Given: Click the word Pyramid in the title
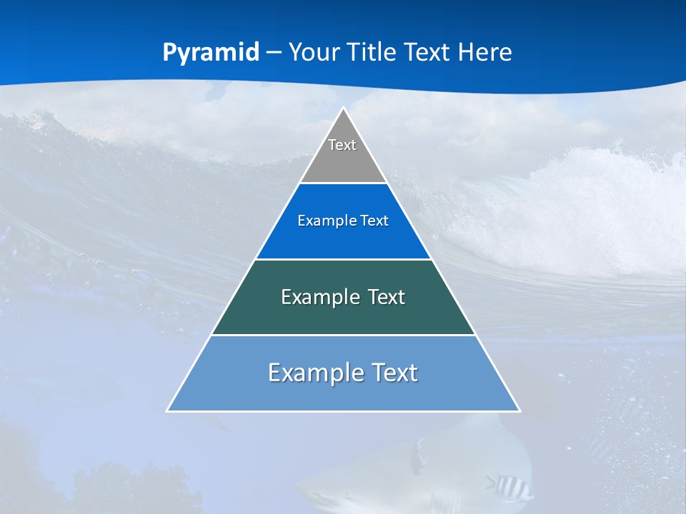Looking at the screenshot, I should [x=211, y=53].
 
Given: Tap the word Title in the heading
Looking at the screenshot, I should [x=372, y=52].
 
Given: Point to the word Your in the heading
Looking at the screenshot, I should [x=314, y=52].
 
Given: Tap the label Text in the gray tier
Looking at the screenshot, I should [x=342, y=145].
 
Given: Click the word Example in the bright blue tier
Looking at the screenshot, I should [x=320, y=221].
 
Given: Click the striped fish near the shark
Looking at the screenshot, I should [x=509, y=487].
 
